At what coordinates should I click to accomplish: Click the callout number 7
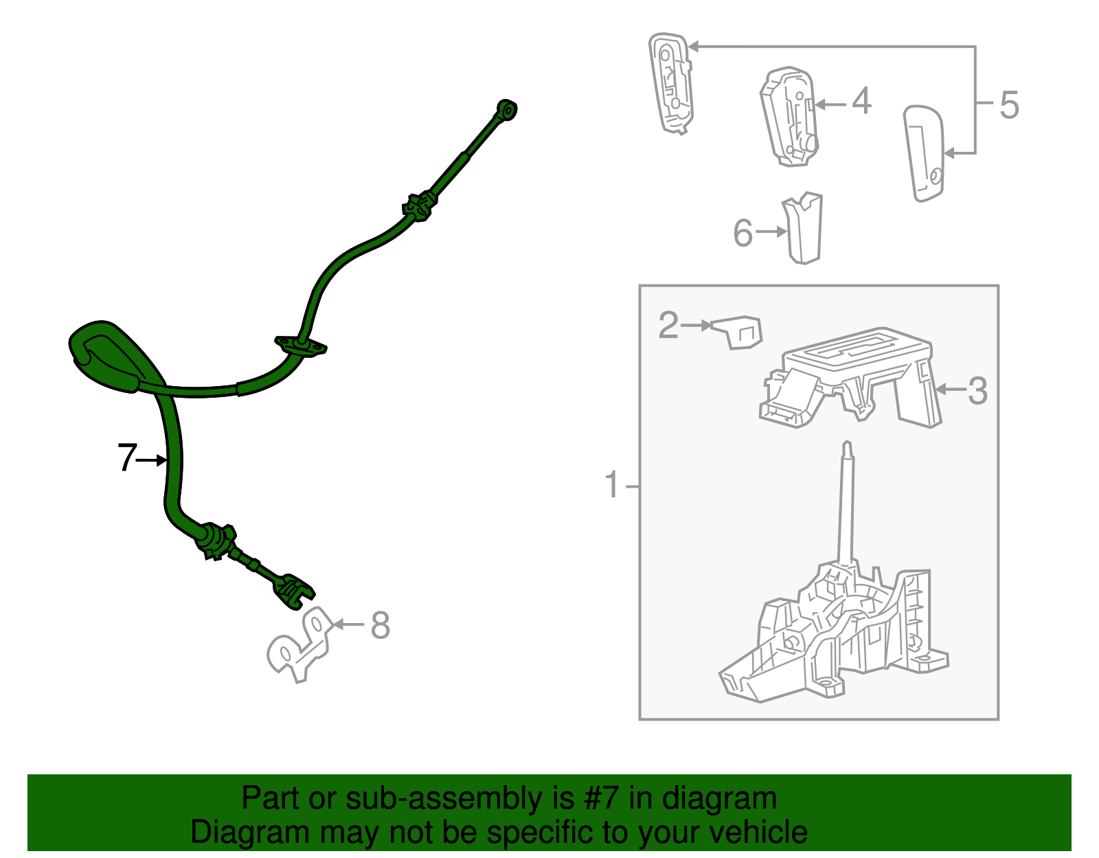(128, 457)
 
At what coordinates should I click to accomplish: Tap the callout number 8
(381, 625)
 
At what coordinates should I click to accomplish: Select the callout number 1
(612, 484)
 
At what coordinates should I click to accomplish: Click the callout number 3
(977, 391)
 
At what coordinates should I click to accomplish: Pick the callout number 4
(862, 100)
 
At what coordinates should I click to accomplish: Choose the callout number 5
(1009, 105)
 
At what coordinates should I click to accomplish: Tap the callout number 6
(743, 233)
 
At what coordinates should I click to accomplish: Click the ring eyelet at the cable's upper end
(507, 109)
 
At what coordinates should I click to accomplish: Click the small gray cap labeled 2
(737, 332)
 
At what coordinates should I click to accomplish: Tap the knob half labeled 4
(789, 117)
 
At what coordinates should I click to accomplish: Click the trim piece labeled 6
(803, 228)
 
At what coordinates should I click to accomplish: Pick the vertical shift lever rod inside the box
(847, 506)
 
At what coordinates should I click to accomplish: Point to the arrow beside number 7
(151, 460)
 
